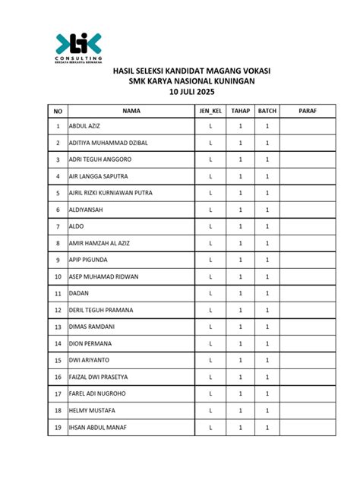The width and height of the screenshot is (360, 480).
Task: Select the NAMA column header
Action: point(131,111)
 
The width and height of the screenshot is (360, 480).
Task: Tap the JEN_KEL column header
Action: point(210,111)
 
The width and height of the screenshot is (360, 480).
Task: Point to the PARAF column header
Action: point(307,111)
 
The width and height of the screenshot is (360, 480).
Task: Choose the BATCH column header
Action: point(267,111)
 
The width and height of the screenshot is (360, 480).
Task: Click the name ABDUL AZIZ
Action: point(85,126)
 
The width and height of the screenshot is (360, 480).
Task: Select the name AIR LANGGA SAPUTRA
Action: point(99,176)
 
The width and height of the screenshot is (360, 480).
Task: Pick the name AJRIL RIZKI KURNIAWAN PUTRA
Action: point(111,193)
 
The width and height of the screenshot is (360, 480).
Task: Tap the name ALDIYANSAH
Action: point(87,210)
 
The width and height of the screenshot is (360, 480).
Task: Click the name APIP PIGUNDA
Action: point(87,260)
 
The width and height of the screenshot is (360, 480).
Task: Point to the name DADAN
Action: point(79,293)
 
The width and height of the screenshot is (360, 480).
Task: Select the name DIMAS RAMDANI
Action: point(91,327)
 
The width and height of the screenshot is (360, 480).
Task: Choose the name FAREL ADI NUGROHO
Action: point(96,393)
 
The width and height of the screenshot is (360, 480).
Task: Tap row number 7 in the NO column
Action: point(58,226)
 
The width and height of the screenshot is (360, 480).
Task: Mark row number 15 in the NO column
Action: point(58,360)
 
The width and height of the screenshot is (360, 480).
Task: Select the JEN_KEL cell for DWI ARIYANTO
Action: point(210,360)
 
